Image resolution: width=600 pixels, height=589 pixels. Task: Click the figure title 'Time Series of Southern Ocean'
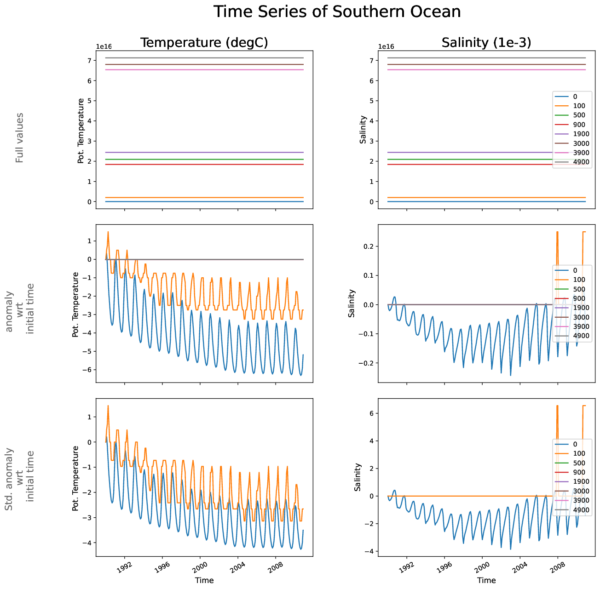coord(337,12)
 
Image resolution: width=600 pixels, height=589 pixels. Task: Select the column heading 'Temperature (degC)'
coord(204,43)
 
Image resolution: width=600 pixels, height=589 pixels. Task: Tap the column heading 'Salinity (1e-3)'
coord(486,43)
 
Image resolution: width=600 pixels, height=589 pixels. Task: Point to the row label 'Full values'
coord(19,137)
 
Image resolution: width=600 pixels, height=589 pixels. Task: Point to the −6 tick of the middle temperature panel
coord(88,370)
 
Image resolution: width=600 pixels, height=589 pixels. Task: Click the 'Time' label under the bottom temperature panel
coord(204,580)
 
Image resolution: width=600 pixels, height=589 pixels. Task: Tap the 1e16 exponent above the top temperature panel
coord(104,47)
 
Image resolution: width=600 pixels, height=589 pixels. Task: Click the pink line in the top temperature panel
coord(204,70)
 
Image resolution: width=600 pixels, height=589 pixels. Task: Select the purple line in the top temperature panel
coord(204,152)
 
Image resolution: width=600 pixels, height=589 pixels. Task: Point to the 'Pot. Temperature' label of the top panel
coord(81,131)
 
